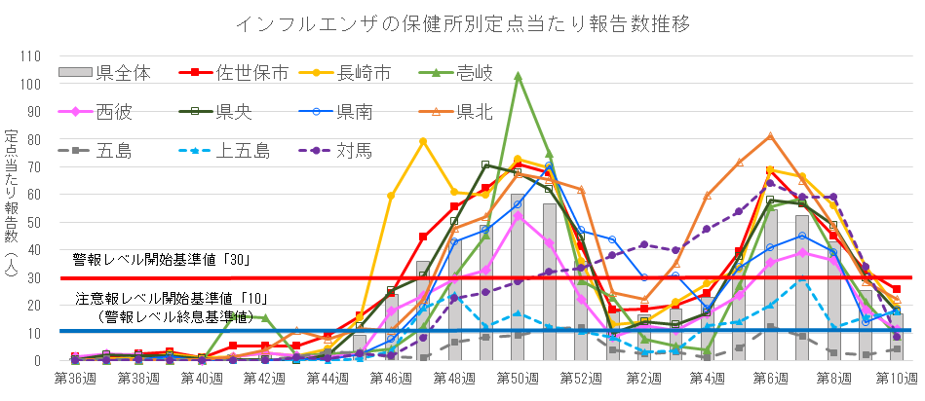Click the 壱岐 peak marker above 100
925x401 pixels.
(x=518, y=76)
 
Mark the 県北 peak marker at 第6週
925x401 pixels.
(x=770, y=135)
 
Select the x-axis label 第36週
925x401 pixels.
(x=76, y=378)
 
